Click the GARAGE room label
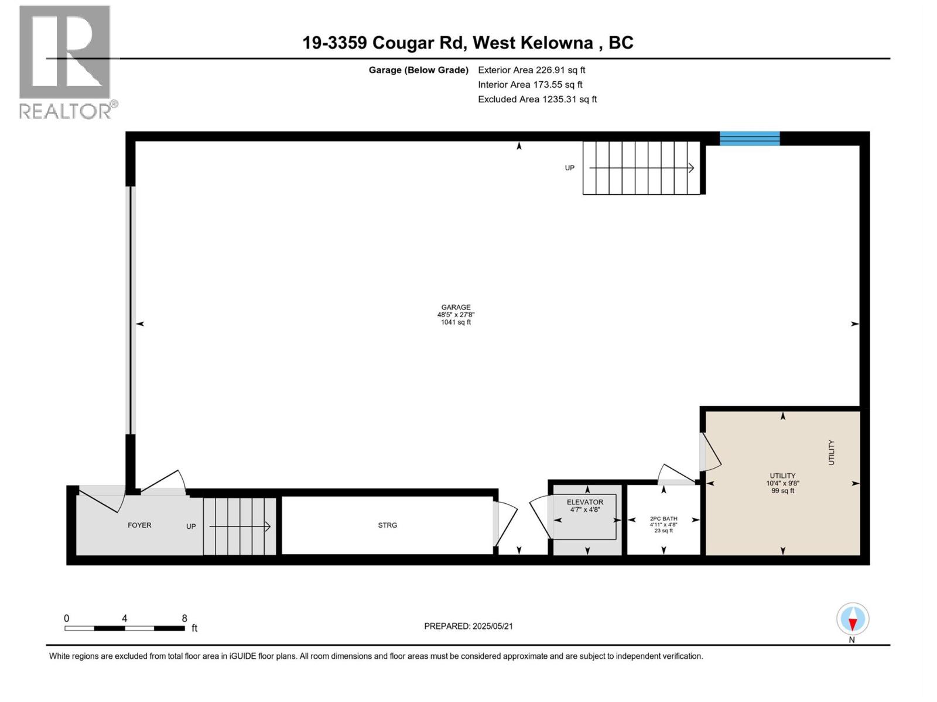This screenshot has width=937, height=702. pyautogui.click(x=456, y=307)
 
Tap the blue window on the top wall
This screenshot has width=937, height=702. pyautogui.click(x=749, y=139)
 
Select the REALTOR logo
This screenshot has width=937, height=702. pyautogui.click(x=66, y=61)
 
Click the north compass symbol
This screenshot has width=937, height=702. pyautogui.click(x=853, y=619)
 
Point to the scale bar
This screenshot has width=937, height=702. pyautogui.click(x=125, y=628)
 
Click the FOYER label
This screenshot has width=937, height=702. pyautogui.click(x=139, y=525)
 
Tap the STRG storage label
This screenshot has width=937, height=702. pyautogui.click(x=387, y=525)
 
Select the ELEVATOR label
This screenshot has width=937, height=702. pyautogui.click(x=584, y=502)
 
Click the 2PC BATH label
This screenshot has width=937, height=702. pyautogui.click(x=664, y=518)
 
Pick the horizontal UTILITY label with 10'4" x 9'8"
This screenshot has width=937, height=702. pyautogui.click(x=782, y=476)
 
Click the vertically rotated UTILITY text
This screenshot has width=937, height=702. pyautogui.click(x=831, y=452)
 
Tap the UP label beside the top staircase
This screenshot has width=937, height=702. pyautogui.click(x=569, y=168)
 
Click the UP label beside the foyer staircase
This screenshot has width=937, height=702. pyautogui.click(x=191, y=526)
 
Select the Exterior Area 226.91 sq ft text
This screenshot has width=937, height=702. pyautogui.click(x=531, y=70)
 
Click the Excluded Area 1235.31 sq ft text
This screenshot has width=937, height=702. pyautogui.click(x=537, y=99)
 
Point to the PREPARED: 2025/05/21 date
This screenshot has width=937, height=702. pyautogui.click(x=468, y=626)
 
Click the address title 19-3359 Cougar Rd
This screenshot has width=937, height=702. pyautogui.click(x=467, y=43)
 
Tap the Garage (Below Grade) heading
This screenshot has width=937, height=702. pyautogui.click(x=418, y=70)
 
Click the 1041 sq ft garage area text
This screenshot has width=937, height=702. pyautogui.click(x=456, y=322)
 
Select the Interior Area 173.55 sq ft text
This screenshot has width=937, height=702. pyautogui.click(x=530, y=85)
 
